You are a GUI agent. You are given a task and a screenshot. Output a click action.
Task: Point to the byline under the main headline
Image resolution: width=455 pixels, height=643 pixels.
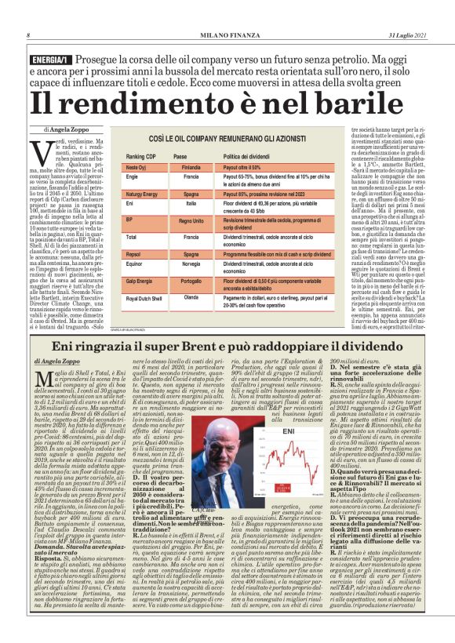click(x=71, y=126)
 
